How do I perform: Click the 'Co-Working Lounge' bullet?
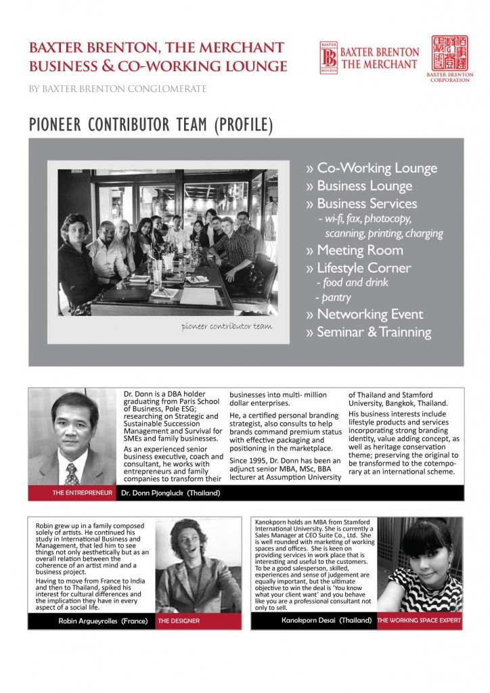372,169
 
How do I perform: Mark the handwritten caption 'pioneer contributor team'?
227,326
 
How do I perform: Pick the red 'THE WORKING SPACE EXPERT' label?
419,620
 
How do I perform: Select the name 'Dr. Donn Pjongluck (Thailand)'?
171,493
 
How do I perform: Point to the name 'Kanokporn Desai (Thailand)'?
317,620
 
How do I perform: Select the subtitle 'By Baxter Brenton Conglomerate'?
118,89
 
